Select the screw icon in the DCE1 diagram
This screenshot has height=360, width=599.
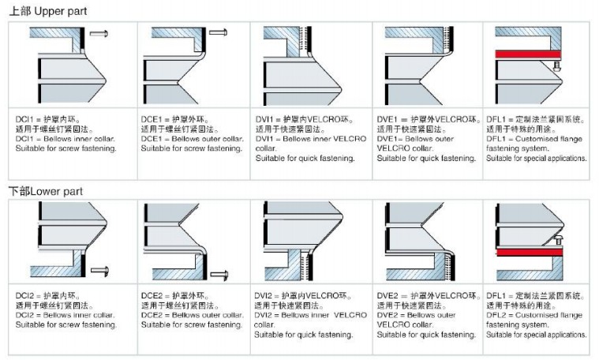click(x=219, y=33)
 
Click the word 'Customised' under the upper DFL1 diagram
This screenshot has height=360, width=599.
click(x=540, y=139)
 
